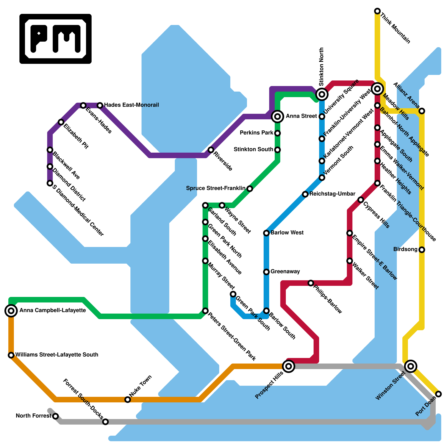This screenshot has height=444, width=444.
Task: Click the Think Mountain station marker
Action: [x=377, y=11]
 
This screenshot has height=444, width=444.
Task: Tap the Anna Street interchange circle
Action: [x=277, y=117]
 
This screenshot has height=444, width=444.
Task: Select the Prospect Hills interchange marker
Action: [x=289, y=366]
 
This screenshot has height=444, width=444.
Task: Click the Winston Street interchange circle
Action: [x=411, y=366]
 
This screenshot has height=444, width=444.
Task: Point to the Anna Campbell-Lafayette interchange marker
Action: [x=11, y=311]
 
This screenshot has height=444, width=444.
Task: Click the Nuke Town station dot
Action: [x=128, y=400]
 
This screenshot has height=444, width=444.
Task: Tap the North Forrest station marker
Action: [x=56, y=416]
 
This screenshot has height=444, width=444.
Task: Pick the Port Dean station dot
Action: [x=438, y=394]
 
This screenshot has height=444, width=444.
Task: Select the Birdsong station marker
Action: [x=422, y=250]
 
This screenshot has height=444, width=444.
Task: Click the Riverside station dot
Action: [x=211, y=150]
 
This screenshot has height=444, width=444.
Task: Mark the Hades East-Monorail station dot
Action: [x=100, y=105]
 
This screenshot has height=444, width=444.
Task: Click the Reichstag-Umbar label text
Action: [x=332, y=194]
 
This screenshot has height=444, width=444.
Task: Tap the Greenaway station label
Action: [x=285, y=271]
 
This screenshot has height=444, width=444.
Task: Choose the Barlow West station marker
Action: [x=266, y=233]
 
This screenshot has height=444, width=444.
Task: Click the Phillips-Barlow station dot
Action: [x=311, y=283]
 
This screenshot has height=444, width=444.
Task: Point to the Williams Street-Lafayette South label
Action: [x=57, y=355]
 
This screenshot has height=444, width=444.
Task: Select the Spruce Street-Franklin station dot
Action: [x=250, y=189]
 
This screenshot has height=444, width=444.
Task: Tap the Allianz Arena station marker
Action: [x=422, y=111]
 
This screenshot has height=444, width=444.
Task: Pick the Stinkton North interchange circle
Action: [x=322, y=94]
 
